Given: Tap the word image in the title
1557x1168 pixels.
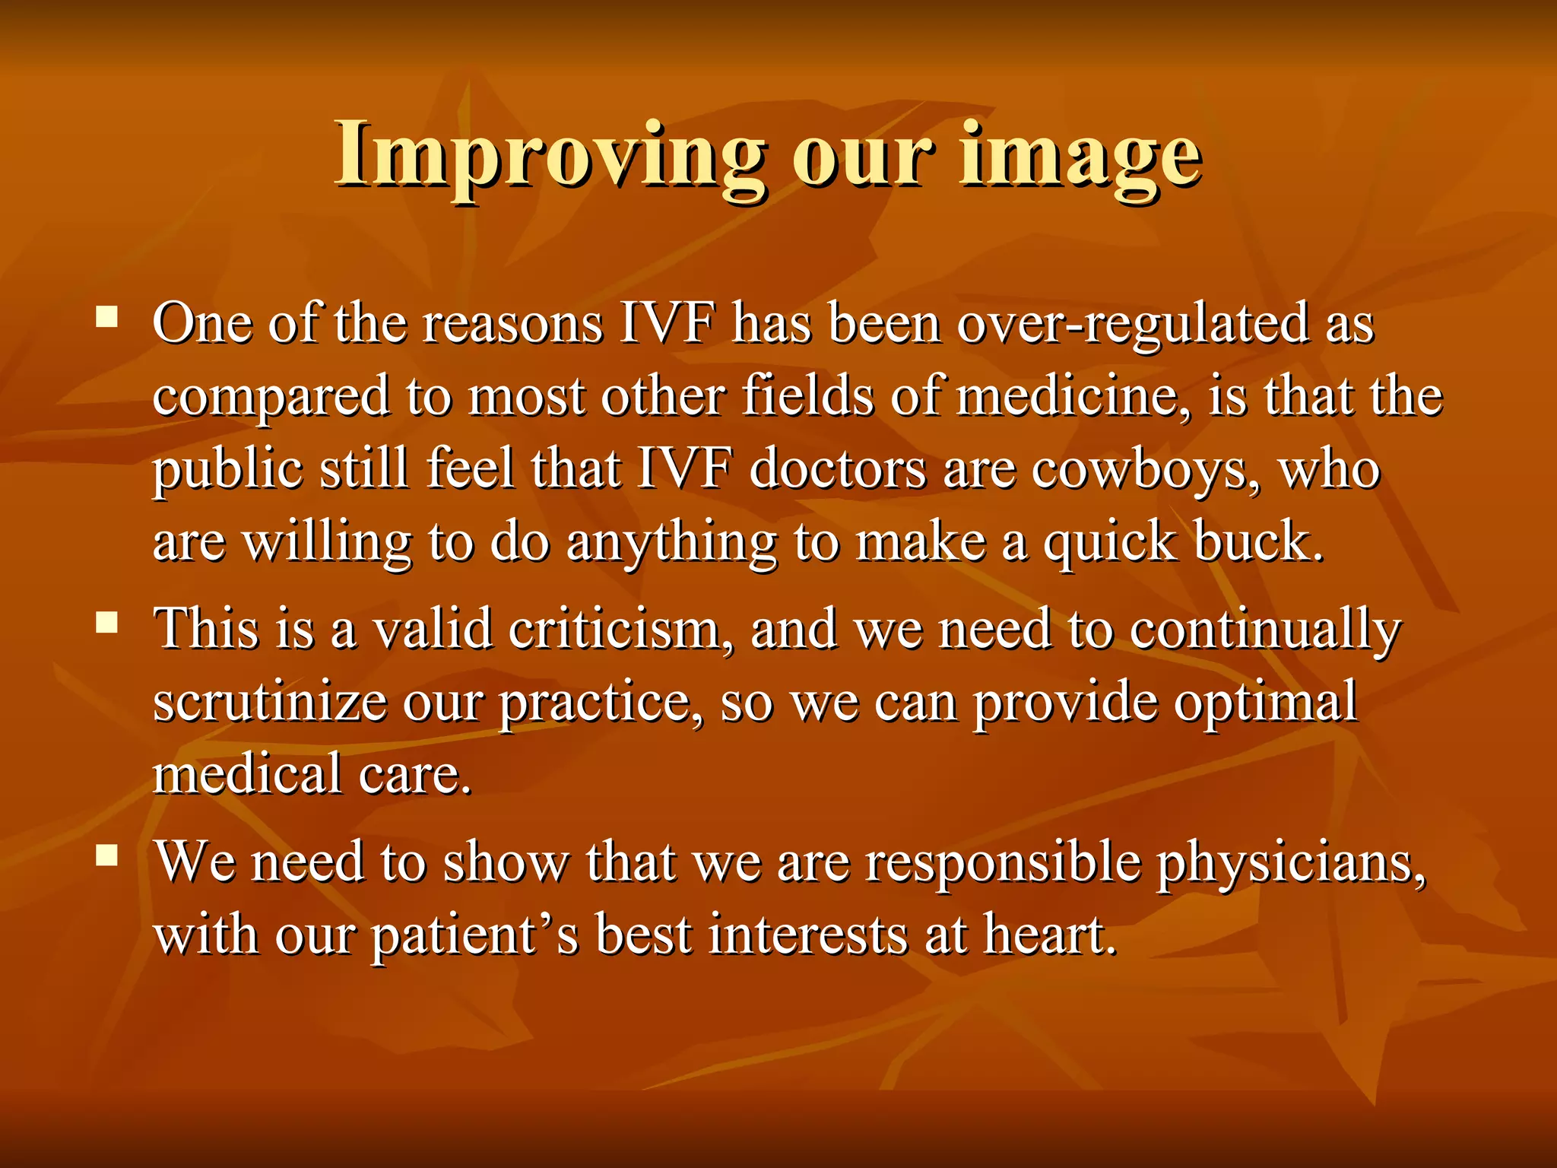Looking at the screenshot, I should pos(1080,156).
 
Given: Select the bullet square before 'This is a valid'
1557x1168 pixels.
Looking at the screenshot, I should pos(107,624).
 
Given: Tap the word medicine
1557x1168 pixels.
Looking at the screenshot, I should pos(1073,397).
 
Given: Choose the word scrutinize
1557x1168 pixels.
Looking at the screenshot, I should pos(269,703).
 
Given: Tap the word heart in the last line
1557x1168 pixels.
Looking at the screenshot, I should pos(1049,935).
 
